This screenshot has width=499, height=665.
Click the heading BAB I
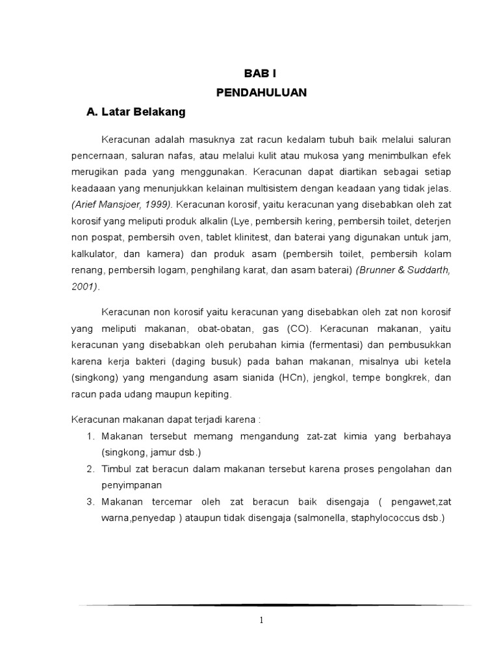click(x=261, y=75)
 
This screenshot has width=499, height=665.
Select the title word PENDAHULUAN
click(x=261, y=93)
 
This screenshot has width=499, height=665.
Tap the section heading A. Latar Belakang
click(x=136, y=112)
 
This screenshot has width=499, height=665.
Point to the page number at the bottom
click(x=261, y=620)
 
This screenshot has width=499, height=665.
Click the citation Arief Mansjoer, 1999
click(x=121, y=204)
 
